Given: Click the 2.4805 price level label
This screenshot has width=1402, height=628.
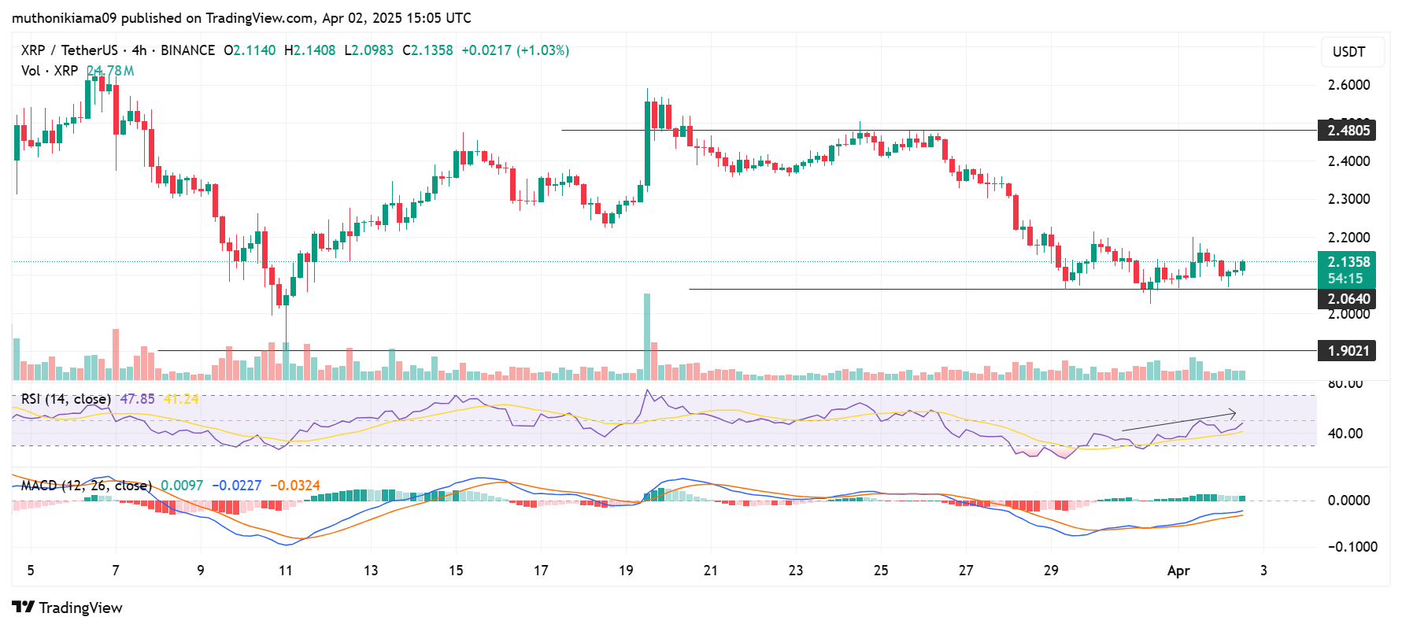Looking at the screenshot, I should pos(1348,131).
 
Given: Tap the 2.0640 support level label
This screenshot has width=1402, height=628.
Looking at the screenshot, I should pos(1348,299).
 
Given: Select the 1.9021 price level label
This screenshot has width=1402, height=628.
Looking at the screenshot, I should pos(1348,351).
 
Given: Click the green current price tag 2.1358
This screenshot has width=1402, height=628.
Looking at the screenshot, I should pos(1348,262).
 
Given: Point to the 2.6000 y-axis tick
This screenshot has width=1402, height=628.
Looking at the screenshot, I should pos(1348,85).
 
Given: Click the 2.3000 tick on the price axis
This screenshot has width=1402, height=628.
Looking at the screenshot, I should pos(1348,199).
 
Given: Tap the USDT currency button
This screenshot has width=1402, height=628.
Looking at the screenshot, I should pos(1348,52).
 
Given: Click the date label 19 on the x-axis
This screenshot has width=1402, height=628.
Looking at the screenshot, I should pos(626,571).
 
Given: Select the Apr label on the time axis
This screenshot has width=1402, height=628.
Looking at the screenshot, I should pos(1178,571).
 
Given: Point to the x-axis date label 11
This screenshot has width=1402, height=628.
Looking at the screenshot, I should pos(285,571).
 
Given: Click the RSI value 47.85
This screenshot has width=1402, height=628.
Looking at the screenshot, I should pos(137,399).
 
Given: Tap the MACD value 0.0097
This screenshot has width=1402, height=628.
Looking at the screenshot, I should pos(182,486).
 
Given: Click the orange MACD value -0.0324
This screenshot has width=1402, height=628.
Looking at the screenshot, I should pos(295,486).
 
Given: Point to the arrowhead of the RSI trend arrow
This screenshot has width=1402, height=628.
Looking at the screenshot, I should pos(1234,413).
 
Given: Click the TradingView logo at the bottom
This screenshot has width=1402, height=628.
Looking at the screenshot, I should pos(68,608).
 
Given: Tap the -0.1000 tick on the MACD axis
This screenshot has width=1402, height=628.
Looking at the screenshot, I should pos(1352,547).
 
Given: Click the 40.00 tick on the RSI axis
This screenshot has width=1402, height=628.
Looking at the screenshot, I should pos(1345,434).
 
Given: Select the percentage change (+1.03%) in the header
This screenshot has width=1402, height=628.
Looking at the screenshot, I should pos(543,50).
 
